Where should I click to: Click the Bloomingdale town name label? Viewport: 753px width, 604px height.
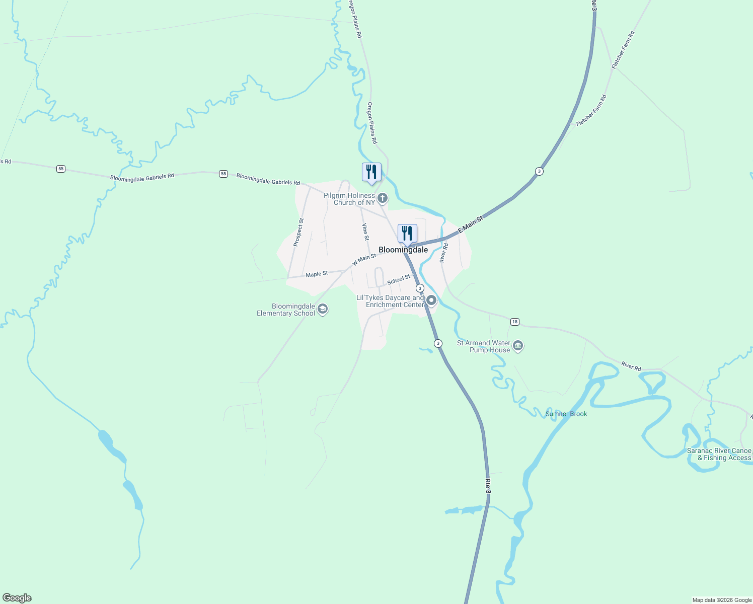[403, 250]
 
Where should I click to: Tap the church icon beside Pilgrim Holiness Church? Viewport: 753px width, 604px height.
[383, 198]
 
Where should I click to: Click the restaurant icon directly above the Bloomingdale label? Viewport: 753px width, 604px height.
[407, 234]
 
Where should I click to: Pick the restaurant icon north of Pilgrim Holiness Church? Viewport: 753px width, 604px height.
[371, 172]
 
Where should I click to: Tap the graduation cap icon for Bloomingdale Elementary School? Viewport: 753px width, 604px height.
[323, 309]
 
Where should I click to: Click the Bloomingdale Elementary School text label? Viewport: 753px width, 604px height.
[286, 310]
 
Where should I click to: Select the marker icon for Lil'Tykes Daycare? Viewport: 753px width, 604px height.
[431, 301]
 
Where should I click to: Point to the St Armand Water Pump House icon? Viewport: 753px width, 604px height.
[518, 346]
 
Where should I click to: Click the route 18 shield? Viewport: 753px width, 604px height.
[514, 322]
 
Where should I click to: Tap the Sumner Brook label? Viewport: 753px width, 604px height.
[566, 414]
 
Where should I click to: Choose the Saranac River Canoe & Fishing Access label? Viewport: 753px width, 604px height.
[719, 454]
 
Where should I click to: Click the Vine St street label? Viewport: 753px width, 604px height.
[365, 232]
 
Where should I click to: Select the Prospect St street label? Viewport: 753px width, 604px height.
[298, 232]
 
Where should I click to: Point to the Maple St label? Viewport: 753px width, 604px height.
[317, 274]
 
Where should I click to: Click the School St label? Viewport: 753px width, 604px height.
[399, 279]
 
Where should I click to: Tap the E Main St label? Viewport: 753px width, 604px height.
[471, 224]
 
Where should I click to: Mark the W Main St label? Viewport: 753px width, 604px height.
[364, 260]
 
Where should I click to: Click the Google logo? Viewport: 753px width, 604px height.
[17, 598]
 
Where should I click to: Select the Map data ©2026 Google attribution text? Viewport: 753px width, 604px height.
[722, 600]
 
